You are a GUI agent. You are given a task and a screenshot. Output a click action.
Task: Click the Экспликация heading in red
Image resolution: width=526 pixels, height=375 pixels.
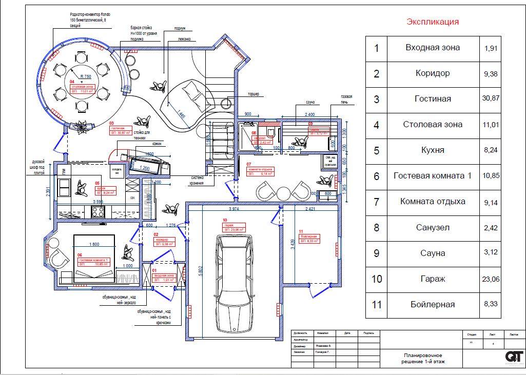click(x=433, y=22)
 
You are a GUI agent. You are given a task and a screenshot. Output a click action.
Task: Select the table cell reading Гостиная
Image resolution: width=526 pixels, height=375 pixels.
click(x=433, y=99)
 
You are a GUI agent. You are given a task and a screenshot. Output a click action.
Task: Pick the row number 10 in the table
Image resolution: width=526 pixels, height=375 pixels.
click(x=377, y=279)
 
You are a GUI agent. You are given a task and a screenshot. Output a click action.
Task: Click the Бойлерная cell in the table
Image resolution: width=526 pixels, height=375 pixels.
click(x=433, y=305)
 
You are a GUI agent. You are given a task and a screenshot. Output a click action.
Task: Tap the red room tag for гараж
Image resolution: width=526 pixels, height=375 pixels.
click(x=234, y=227)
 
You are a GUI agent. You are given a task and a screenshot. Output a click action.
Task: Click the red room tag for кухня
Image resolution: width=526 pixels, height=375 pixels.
click(x=105, y=191)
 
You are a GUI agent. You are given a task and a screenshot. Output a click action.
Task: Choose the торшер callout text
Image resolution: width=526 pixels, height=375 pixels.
click(x=253, y=94)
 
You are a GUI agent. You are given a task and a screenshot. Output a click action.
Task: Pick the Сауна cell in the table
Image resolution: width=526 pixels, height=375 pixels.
click(x=433, y=253)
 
